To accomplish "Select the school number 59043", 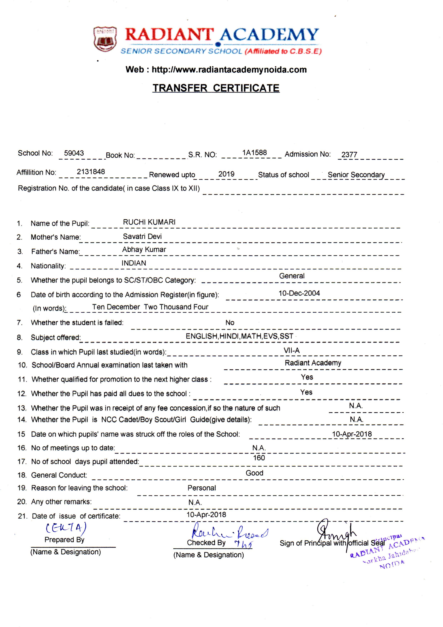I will pyautogui.click(x=74, y=153).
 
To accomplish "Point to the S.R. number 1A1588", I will pyautogui.click(x=254, y=152).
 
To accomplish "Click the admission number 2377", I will pyautogui.click(x=349, y=155).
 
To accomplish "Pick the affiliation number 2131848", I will pyautogui.click(x=91, y=172).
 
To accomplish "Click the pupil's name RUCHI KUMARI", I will pyautogui.click(x=149, y=222).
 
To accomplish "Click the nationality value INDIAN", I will pyautogui.click(x=134, y=263).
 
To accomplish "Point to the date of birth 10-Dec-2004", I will pyautogui.click(x=299, y=293).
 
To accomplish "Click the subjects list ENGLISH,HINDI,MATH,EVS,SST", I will pyautogui.click(x=239, y=336).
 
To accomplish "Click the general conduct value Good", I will pyautogui.click(x=254, y=473).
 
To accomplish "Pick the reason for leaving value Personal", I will pyautogui.click(x=202, y=488).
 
